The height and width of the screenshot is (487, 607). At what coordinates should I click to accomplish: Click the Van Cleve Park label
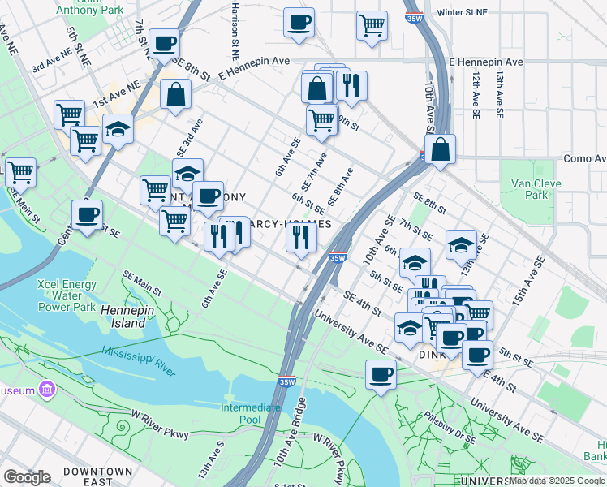(x=536, y=189)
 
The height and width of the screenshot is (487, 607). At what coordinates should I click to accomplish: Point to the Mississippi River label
(x=139, y=361)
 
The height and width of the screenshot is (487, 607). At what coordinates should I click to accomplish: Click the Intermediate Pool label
(x=251, y=413)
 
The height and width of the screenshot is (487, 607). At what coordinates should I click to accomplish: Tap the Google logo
(x=27, y=476)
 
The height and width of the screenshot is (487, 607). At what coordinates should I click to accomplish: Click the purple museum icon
(x=47, y=390)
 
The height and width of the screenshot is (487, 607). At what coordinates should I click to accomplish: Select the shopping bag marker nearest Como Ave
(x=439, y=149)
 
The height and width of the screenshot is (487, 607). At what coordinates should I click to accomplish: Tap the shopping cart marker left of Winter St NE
(x=372, y=24)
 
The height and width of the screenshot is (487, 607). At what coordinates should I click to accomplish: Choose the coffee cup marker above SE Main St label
(x=87, y=215)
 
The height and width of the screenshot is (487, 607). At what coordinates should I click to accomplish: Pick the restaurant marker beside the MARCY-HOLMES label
(x=300, y=237)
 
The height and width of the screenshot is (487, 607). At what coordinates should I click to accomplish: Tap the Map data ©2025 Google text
(x=557, y=481)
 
